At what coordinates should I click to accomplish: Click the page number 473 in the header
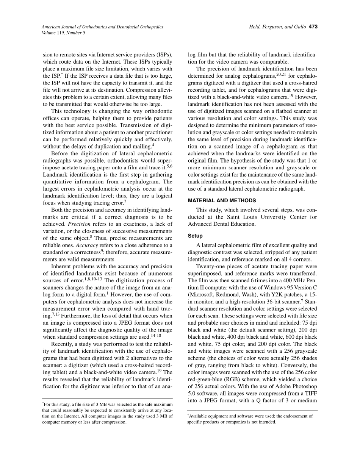[x=313, y=27]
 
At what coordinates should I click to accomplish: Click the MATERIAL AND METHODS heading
[x=222, y=200]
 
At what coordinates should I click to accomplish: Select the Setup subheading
[x=195, y=236]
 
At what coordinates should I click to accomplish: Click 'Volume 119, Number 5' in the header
[x=64, y=33]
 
